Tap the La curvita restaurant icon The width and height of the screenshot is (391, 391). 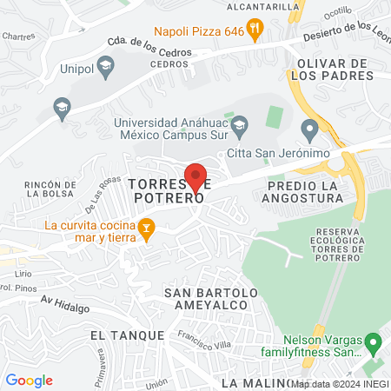point(147,229)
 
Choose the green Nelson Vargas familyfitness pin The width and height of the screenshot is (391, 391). point(373,342)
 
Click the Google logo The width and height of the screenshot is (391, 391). point(30,380)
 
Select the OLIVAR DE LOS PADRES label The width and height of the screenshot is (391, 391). point(335,70)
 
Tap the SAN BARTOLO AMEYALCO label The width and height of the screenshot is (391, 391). point(211,299)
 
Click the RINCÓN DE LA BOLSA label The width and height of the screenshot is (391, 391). point(53,189)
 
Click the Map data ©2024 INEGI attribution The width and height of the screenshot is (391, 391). point(340,383)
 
